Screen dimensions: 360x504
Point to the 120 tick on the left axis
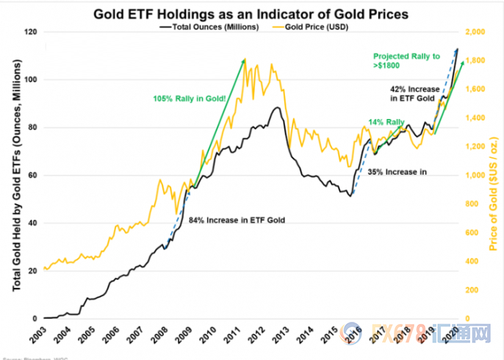pyautogui.click(x=32, y=32)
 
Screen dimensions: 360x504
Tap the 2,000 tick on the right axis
pyautogui.click(x=475, y=32)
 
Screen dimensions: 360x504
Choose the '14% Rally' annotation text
pyautogui.click(x=386, y=122)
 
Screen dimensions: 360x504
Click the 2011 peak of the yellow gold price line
pyautogui.click(x=245, y=59)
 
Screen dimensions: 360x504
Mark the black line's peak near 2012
pyautogui.click(x=276, y=107)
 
